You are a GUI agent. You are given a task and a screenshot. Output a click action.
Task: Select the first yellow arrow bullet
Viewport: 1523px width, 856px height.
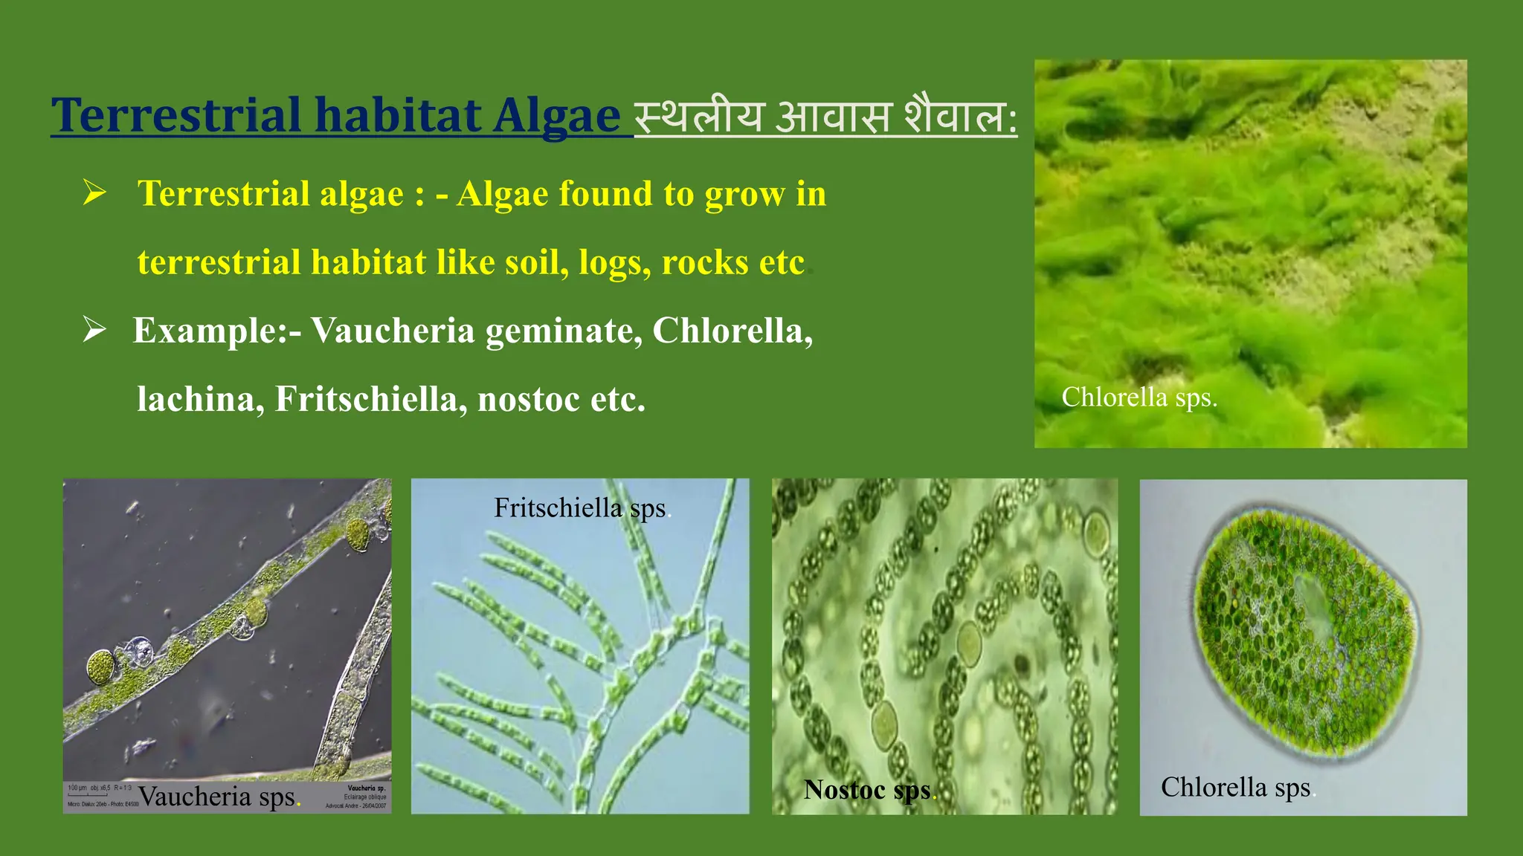94,192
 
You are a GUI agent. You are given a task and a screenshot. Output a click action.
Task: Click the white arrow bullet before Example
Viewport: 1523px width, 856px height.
94,328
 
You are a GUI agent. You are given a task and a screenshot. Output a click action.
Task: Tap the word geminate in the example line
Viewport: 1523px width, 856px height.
563,331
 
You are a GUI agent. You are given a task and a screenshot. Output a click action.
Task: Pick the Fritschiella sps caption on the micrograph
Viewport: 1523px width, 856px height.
581,508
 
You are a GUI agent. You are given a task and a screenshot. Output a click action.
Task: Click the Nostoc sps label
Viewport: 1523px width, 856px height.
868,790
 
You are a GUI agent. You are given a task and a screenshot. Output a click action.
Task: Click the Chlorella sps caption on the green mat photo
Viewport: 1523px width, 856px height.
1139,398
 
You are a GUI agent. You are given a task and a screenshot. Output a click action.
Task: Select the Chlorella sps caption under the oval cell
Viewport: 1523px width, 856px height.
1236,788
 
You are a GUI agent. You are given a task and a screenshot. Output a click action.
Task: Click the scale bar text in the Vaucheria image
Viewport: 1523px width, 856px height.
100,788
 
